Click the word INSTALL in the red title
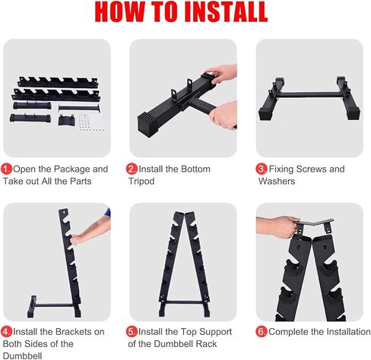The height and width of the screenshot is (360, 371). tap(226, 12)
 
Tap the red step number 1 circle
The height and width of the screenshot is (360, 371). tap(7, 169)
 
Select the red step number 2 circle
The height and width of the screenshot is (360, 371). tap(132, 169)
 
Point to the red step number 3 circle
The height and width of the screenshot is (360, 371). tap(262, 169)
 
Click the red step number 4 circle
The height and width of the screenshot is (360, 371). tap(7, 332)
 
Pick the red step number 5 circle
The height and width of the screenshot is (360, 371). tap(132, 332)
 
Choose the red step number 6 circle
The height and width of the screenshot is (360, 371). tap(262, 332)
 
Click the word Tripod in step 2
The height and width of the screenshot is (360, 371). tap(141, 182)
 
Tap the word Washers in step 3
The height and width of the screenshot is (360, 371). tap(277, 182)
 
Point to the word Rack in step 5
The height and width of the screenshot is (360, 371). tap(208, 344)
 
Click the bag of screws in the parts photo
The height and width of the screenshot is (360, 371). tap(90, 122)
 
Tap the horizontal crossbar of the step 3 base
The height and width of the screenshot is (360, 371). tap(309, 95)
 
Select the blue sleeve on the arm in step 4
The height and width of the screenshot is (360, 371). tap(108, 213)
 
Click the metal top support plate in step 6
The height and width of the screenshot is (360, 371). tap(315, 224)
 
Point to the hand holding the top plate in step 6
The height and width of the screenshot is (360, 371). tap(279, 227)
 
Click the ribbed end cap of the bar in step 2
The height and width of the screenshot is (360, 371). tap(146, 126)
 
